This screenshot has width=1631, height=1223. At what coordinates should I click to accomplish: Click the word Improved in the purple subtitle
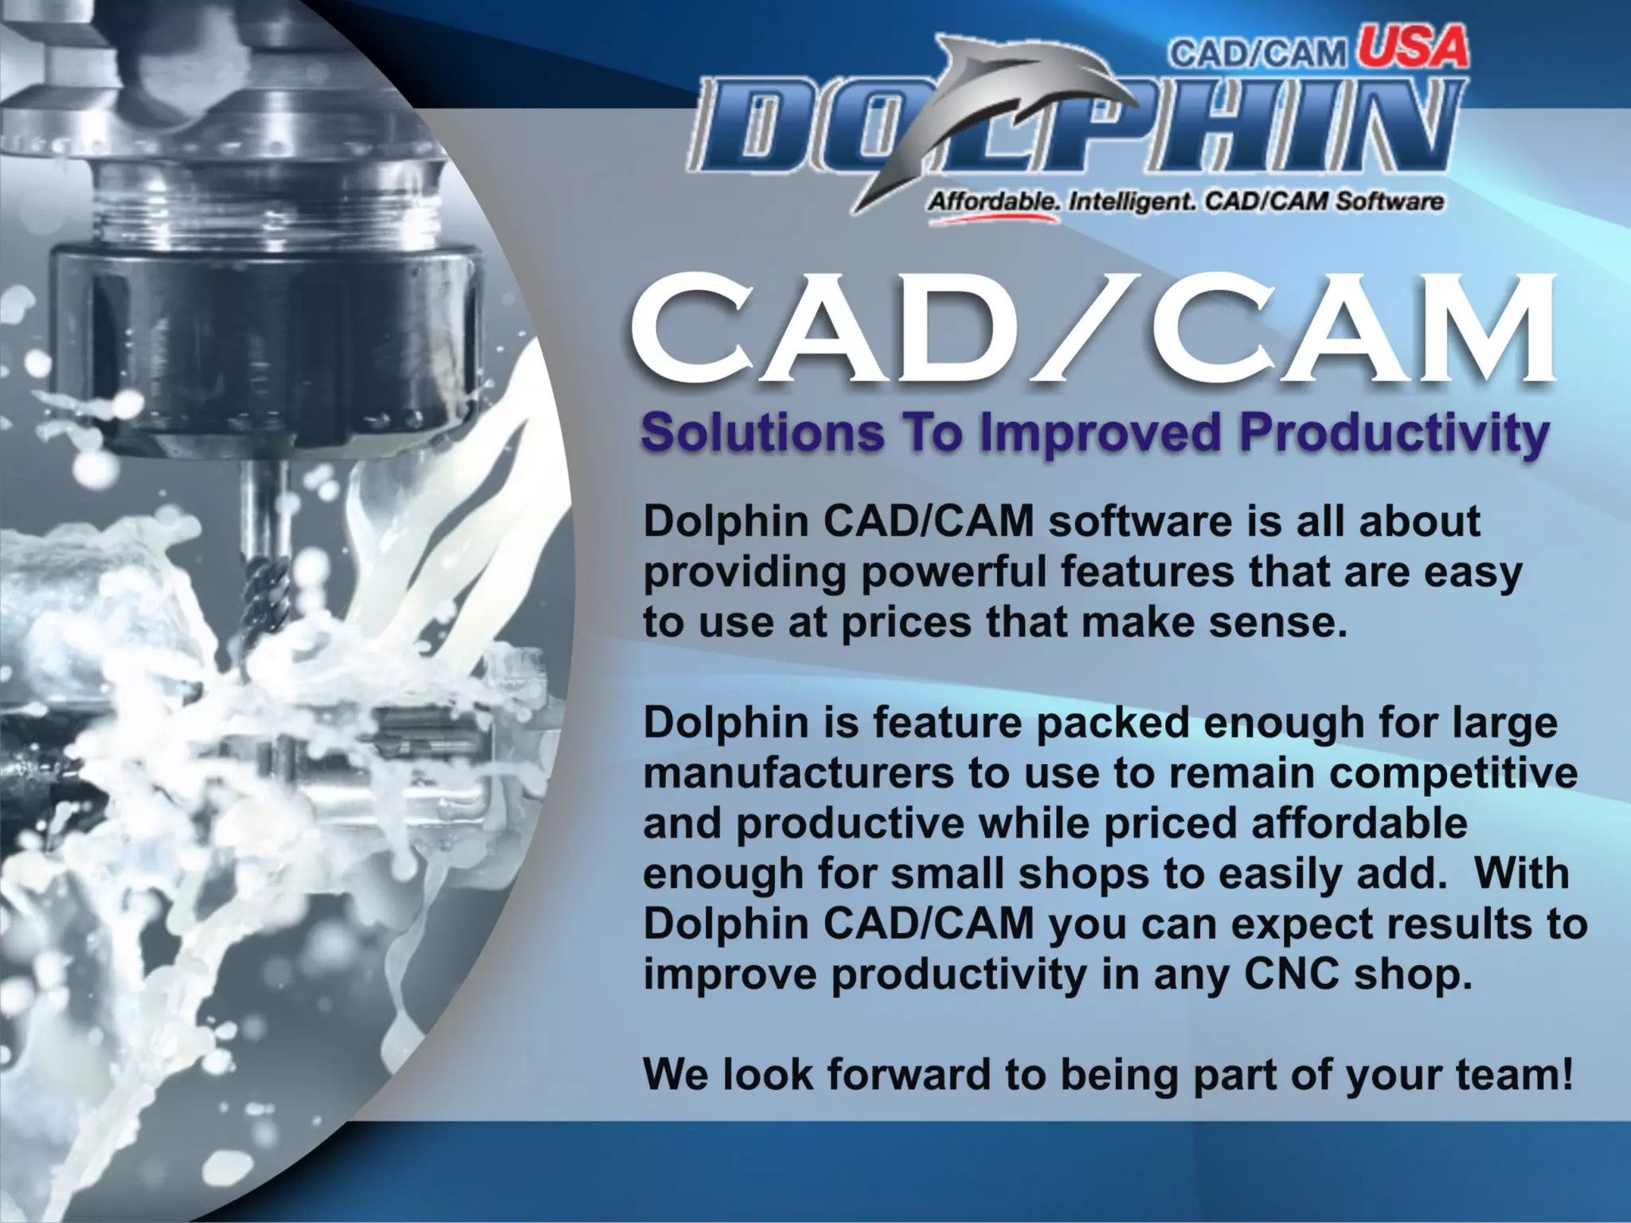tap(1100, 435)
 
